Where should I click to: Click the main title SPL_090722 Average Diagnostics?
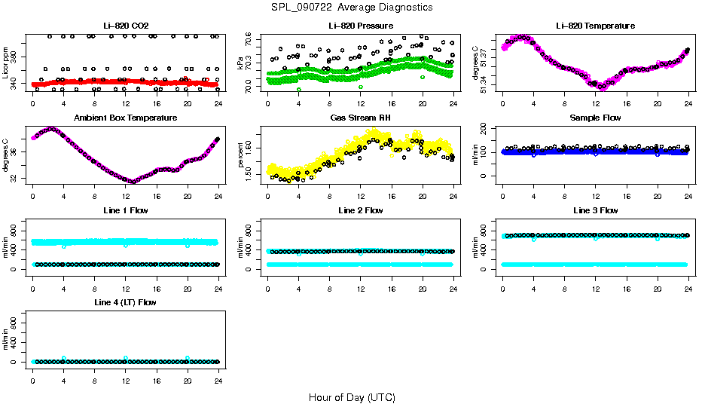352,7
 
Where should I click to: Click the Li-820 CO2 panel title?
126,26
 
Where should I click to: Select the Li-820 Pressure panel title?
360,26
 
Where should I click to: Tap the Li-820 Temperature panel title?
595,26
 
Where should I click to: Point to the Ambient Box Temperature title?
126,118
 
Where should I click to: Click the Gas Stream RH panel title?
360,118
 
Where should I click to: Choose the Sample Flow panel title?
595,118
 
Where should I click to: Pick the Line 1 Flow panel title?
126,210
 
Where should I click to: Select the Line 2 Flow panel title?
360,210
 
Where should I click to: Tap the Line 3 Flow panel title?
595,210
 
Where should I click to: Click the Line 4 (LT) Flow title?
126,302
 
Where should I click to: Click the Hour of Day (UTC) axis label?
352,397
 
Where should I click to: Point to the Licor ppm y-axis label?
6,63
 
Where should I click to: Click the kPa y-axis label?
241,63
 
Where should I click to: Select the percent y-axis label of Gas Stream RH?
241,155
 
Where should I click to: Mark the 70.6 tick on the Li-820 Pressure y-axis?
250,35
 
